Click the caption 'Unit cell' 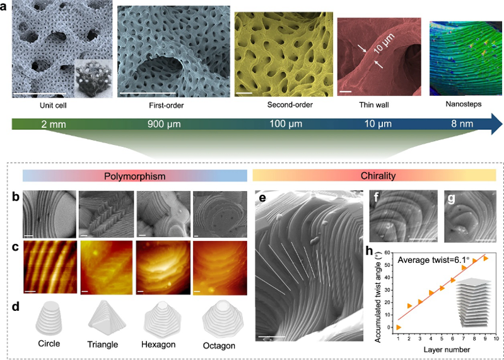point(53,105)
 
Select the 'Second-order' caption point(290,105)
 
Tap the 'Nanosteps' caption point(464,104)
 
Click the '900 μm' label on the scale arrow point(164,124)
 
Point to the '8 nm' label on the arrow point(462,124)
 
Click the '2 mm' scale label point(54,124)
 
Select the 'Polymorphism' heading point(135,177)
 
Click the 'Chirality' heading point(378,176)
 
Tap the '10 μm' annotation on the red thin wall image point(384,43)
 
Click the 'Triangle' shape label point(103,345)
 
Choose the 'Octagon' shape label point(219,346)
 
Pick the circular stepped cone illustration point(49,318)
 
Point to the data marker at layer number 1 point(398,327)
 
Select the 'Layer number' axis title point(447,350)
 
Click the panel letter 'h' point(370,251)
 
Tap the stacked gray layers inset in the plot point(474,302)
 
